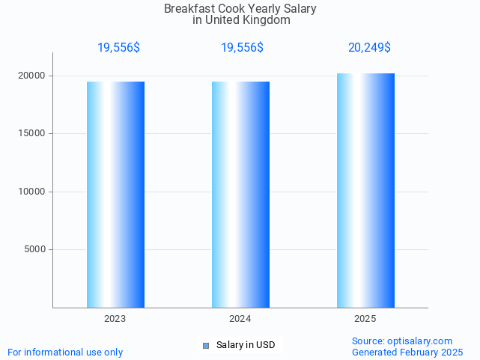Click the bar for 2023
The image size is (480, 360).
115,195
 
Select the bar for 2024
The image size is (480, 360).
240,195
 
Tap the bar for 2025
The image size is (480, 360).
365,191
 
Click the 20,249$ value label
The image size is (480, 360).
369,47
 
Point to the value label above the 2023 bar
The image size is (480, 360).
118,47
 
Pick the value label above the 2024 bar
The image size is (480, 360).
242,47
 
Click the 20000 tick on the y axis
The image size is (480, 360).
32,76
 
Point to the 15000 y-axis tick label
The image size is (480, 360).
32,133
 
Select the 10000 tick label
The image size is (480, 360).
32,192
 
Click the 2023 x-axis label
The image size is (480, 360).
115,319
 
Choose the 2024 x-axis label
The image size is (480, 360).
240,319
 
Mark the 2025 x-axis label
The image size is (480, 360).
365,319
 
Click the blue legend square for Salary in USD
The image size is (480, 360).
206,345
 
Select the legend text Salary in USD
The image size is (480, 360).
246,345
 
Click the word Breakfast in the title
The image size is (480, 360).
184,9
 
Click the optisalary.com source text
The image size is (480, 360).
402,341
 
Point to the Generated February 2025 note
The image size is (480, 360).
407,352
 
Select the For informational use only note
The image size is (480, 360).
65,352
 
